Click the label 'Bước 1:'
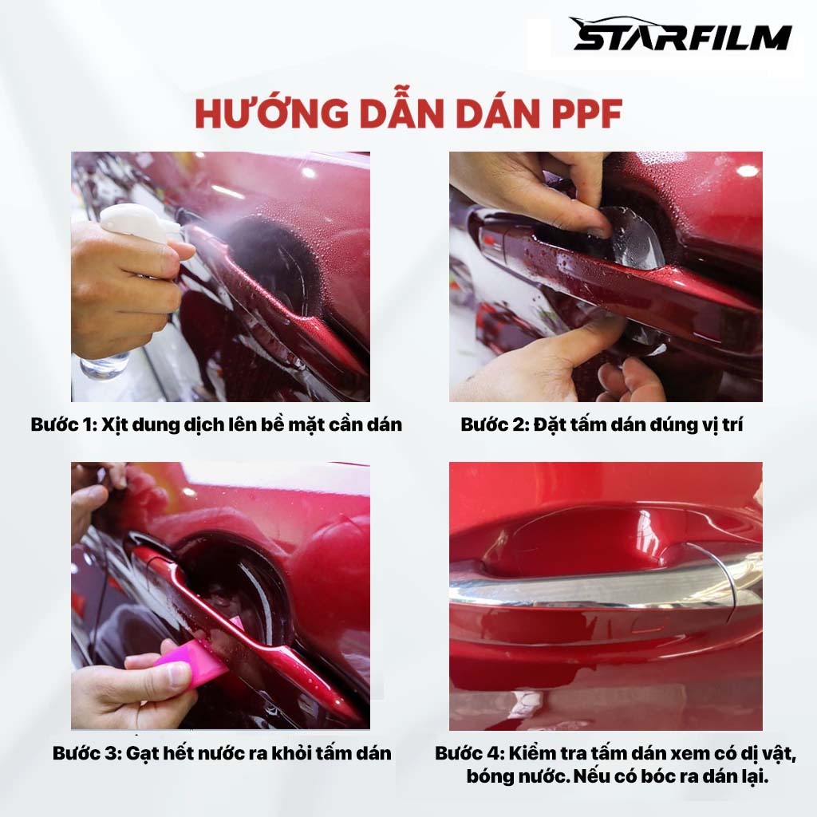click(64, 424)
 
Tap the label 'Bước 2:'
click(495, 424)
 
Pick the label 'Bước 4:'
click(469, 753)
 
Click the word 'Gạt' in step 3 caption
click(143, 754)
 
